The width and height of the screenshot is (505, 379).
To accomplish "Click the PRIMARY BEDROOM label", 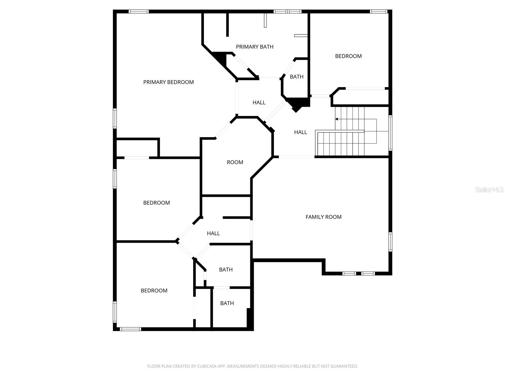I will click(x=168, y=82).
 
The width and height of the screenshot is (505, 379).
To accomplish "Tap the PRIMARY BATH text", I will click(x=254, y=47).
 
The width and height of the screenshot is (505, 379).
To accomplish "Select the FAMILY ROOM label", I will click(x=323, y=217).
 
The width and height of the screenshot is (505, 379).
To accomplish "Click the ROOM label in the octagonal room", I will click(x=235, y=162).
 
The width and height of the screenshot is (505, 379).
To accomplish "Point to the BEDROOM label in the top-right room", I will click(x=348, y=56).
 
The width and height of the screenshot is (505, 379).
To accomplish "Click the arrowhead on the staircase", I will click(x=337, y=119).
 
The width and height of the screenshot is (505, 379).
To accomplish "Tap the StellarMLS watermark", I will click(x=489, y=189).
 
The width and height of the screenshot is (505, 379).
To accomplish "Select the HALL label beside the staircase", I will click(x=300, y=132).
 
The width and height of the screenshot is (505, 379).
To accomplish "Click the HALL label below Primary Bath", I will click(x=259, y=103).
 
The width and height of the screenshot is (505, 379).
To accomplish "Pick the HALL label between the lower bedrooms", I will click(x=213, y=233).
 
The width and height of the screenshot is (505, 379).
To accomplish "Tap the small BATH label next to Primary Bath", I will click(x=296, y=77).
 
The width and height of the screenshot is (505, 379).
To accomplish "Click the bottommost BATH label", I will click(x=227, y=303).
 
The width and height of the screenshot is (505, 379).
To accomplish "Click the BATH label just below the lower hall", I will click(x=226, y=270).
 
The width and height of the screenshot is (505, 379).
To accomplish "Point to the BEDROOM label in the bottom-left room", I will click(x=154, y=291).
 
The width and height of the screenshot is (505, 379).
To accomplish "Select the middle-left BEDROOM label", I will click(x=156, y=203).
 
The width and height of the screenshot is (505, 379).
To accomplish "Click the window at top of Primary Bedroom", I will click(x=139, y=12).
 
